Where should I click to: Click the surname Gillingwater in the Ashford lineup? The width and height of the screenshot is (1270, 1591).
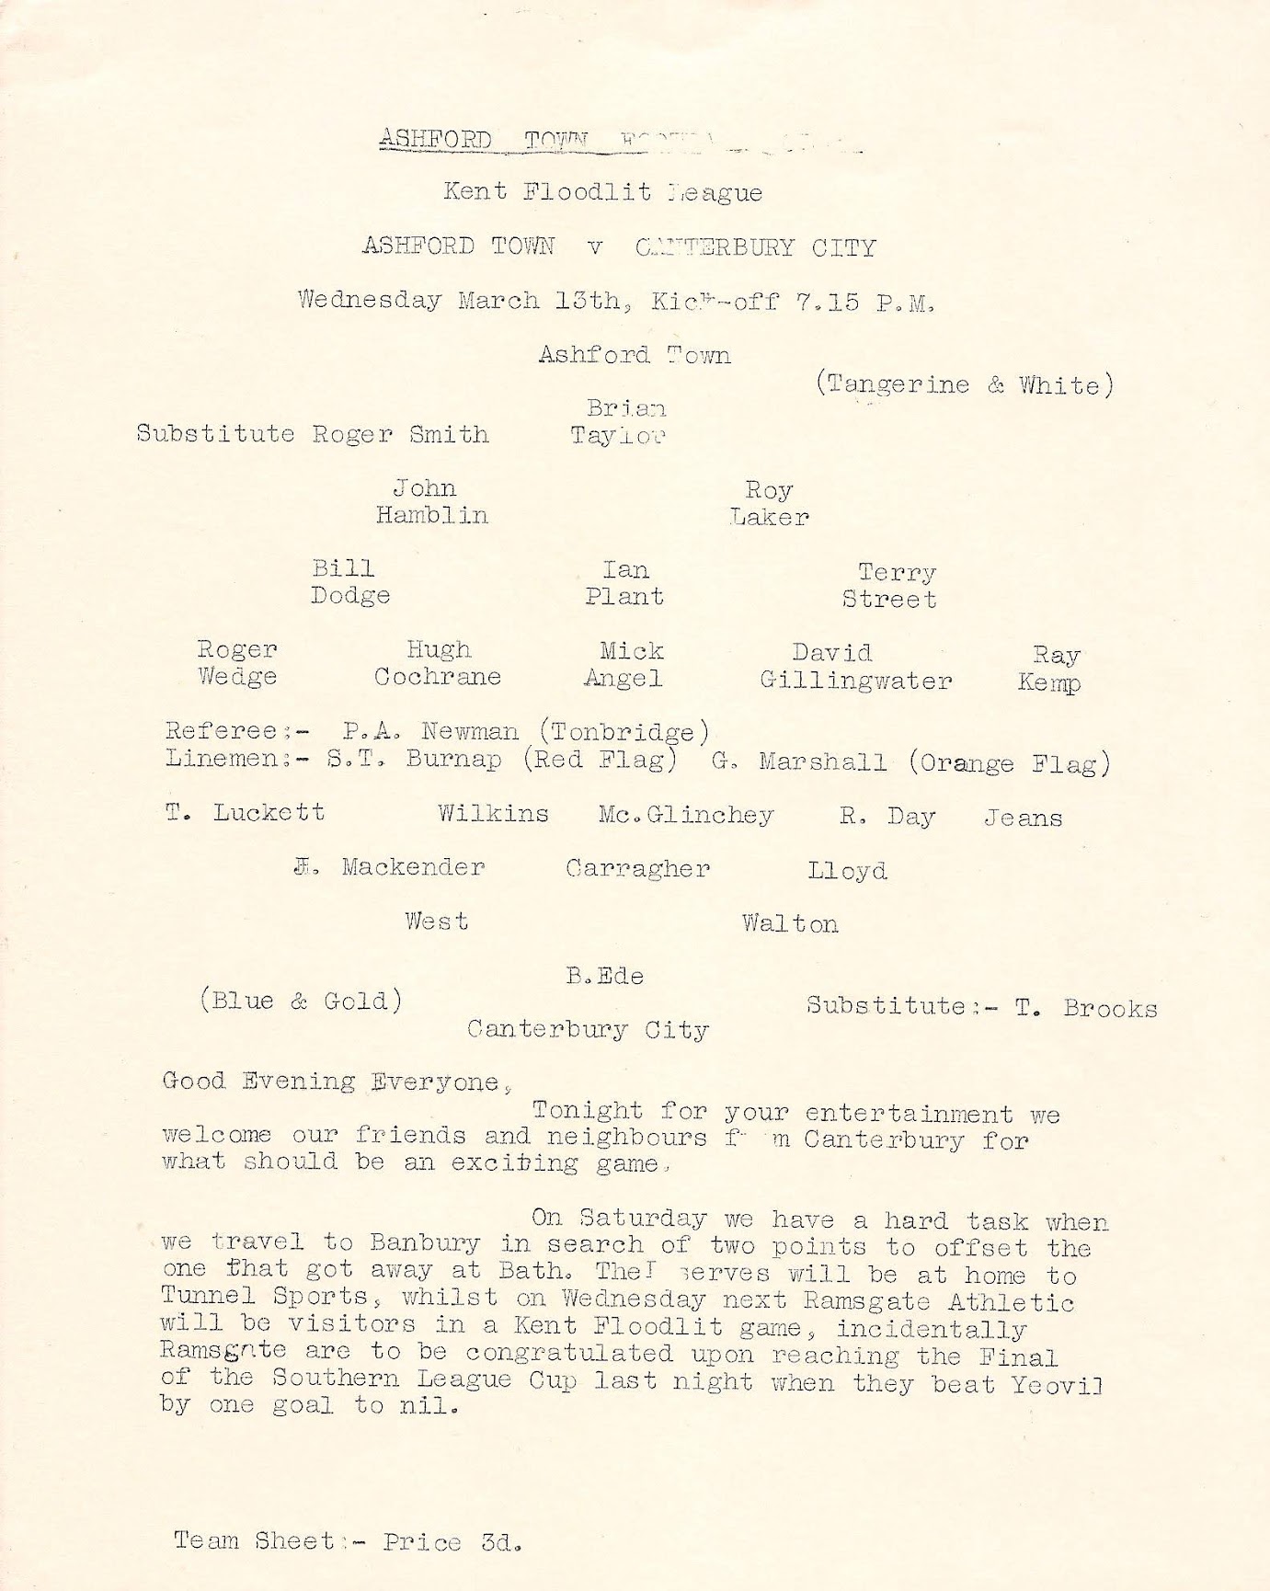pyautogui.click(x=856, y=681)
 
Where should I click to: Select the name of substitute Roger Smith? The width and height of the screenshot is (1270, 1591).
pyautogui.click(x=400, y=434)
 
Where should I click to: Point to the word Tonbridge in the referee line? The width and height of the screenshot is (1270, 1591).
pyautogui.click(x=624, y=732)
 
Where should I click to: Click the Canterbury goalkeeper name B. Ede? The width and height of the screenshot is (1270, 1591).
pyautogui.click(x=605, y=976)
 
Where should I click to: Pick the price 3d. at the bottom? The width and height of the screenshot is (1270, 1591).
pyautogui.click(x=502, y=1542)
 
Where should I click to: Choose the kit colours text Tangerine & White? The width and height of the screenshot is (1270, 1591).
pyautogui.click(x=964, y=384)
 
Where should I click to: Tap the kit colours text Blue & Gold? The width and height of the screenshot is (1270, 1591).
pyautogui.click(x=302, y=1001)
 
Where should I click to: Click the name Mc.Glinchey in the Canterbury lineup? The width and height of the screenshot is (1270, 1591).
pyautogui.click(x=685, y=816)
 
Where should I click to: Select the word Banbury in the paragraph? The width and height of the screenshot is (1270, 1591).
pyautogui.click(x=425, y=1243)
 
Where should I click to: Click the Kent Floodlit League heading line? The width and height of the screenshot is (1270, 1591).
pyautogui.click(x=602, y=192)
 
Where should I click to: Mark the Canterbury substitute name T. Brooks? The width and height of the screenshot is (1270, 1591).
pyautogui.click(x=1086, y=1008)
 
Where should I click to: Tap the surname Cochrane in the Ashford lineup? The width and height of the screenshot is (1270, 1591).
pyautogui.click(x=438, y=678)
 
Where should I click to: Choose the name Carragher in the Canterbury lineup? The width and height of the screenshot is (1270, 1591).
pyautogui.click(x=637, y=869)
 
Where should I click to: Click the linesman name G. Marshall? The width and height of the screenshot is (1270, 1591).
pyautogui.click(x=799, y=762)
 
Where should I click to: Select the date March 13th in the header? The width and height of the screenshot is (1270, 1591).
pyautogui.click(x=539, y=301)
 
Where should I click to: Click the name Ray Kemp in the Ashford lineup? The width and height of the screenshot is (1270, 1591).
pyautogui.click(x=1049, y=670)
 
